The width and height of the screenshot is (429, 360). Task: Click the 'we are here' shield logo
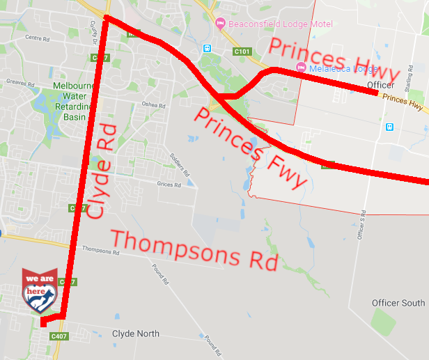pos(39,289)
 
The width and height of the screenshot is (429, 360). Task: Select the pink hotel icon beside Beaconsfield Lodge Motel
pos(221,24)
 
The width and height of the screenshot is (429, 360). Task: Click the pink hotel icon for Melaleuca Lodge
pos(301,67)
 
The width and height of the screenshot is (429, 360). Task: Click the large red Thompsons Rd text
pos(194,249)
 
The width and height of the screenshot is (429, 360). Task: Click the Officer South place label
pos(398,303)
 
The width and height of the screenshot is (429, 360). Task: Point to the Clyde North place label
pos(136,334)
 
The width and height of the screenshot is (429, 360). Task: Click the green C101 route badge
pos(242,51)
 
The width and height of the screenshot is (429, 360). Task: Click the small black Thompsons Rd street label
pos(97,249)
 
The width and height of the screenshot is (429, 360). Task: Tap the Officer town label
pos(380,85)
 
